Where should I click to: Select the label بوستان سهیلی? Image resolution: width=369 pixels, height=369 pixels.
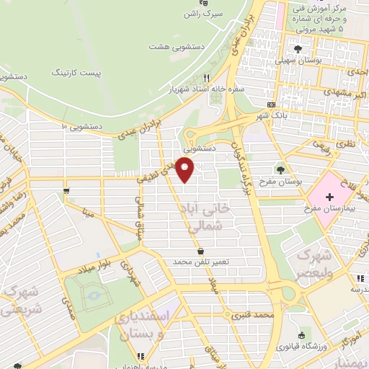[x=298, y=63]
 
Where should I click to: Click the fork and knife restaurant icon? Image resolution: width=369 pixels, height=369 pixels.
[x=206, y=78]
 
